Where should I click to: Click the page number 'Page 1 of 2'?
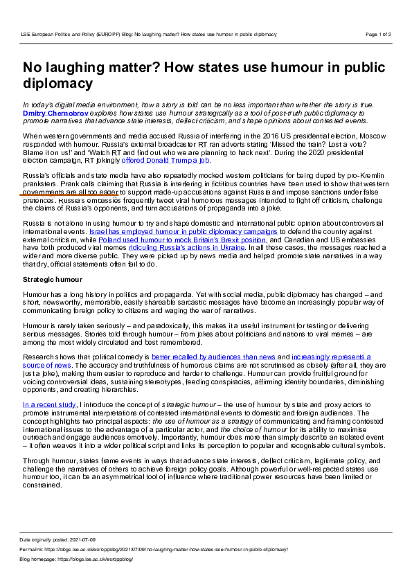tap(378, 33)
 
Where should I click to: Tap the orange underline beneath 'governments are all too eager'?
tap(69, 195)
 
